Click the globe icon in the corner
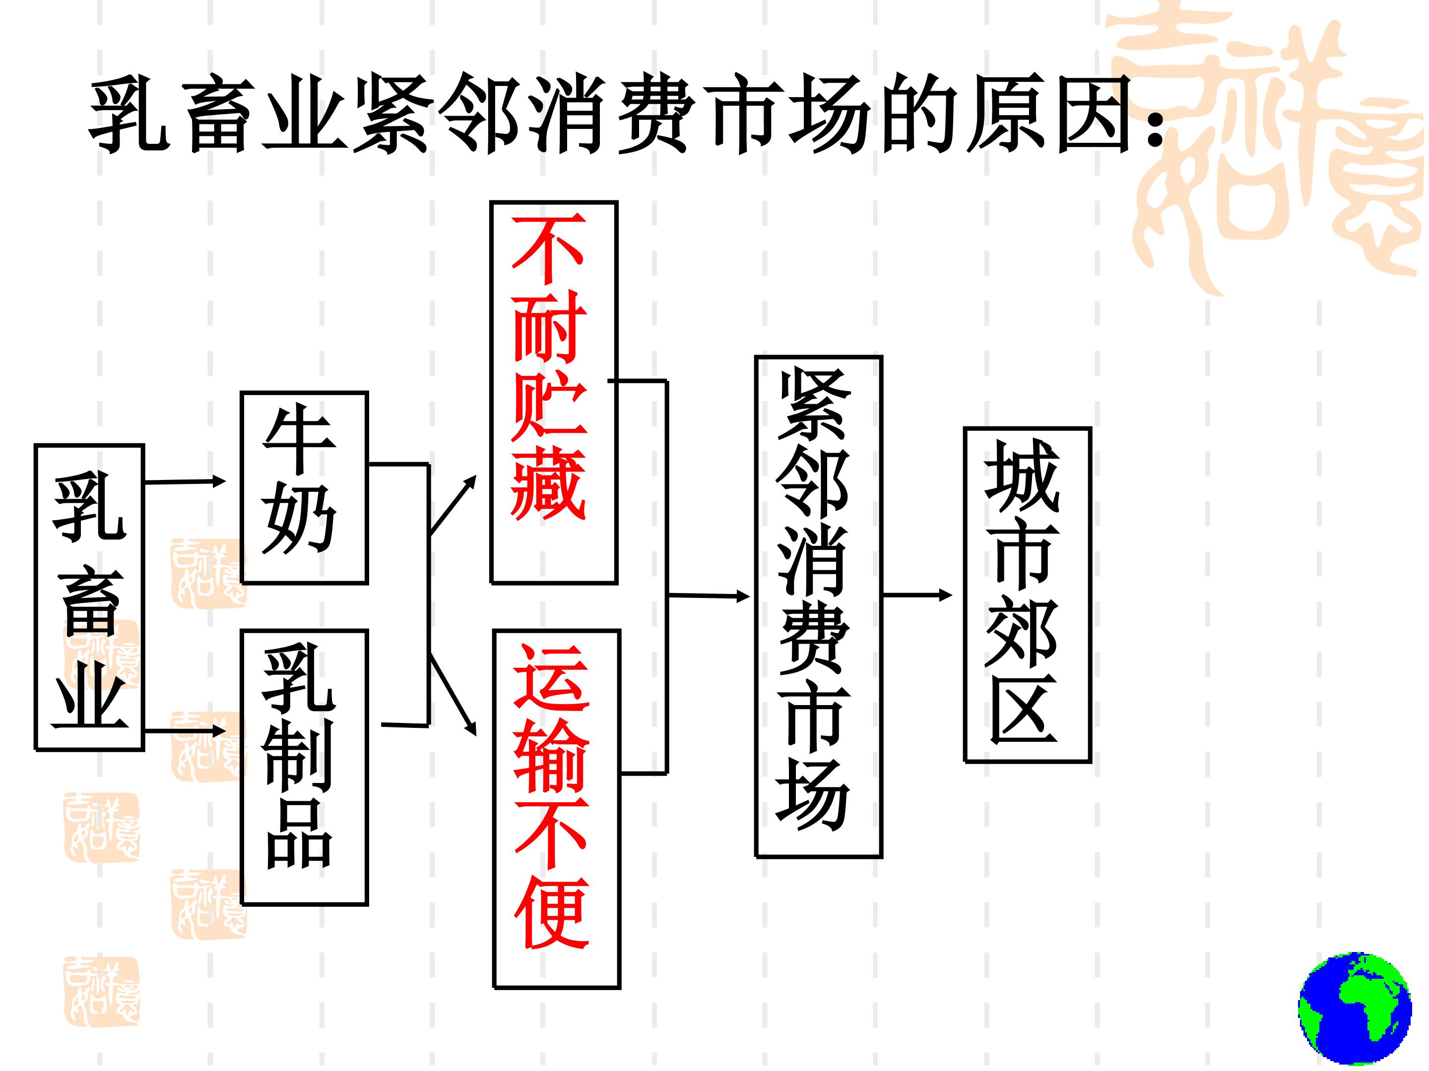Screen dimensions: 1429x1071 (1355, 1007)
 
